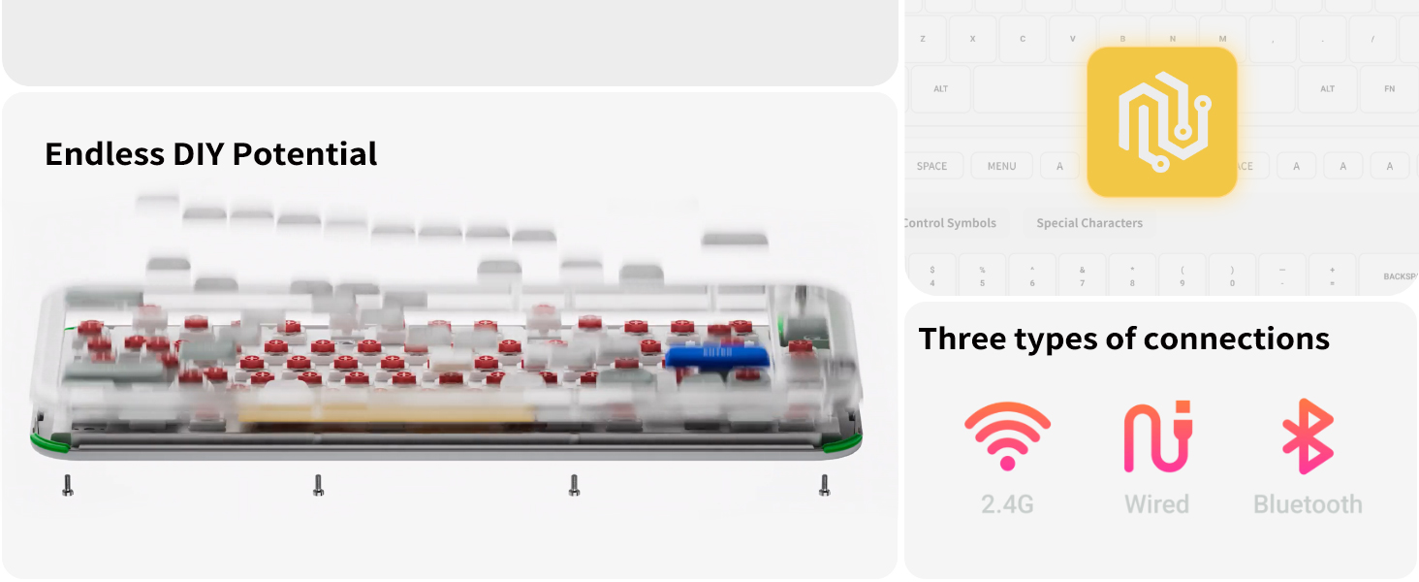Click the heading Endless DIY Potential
click(211, 154)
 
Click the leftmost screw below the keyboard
click(68, 485)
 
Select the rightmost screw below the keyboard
click(825, 485)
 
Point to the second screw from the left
click(318, 485)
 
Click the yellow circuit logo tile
click(1161, 122)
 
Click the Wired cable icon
click(1156, 437)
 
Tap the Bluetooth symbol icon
click(1307, 436)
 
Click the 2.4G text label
click(1007, 504)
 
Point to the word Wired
click(1156, 504)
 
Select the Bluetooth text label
click(1308, 504)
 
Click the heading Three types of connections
click(1123, 339)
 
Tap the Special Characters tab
click(1089, 223)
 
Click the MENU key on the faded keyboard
click(1001, 166)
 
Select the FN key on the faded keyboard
click(1389, 89)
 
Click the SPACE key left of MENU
click(931, 166)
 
